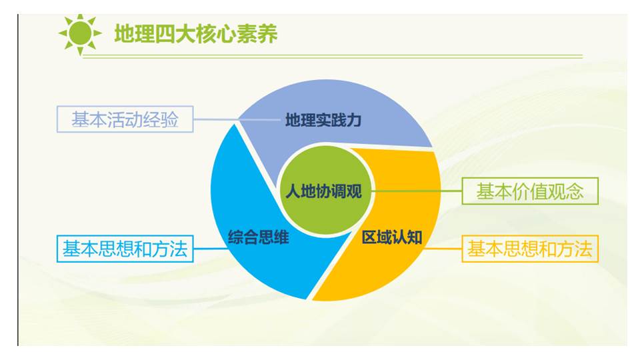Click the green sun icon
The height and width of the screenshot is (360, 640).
tap(80, 33)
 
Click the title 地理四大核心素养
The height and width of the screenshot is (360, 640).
tap(196, 33)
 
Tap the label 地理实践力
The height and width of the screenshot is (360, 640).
tap(323, 120)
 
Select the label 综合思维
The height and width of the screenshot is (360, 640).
tap(259, 237)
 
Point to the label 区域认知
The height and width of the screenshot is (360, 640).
tap(392, 237)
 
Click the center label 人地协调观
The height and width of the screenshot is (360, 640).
tap(323, 191)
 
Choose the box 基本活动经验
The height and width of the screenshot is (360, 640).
tap(125, 119)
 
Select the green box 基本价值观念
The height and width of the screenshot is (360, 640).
tap(530, 191)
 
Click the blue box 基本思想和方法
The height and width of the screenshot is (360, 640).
tap(125, 249)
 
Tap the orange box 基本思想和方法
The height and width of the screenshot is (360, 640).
tap(530, 249)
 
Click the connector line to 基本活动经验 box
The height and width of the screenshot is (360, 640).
tap(237, 119)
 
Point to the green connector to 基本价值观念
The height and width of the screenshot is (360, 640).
tap(417, 191)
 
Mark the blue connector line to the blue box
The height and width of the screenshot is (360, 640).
tap(210, 248)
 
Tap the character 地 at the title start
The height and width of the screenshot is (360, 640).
tap(124, 33)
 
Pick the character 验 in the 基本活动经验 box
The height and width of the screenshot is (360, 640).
tap(169, 119)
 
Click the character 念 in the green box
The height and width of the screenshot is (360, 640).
tap(574, 191)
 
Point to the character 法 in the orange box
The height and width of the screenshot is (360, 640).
tap(583, 249)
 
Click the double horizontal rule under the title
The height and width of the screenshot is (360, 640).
tap(332, 57)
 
